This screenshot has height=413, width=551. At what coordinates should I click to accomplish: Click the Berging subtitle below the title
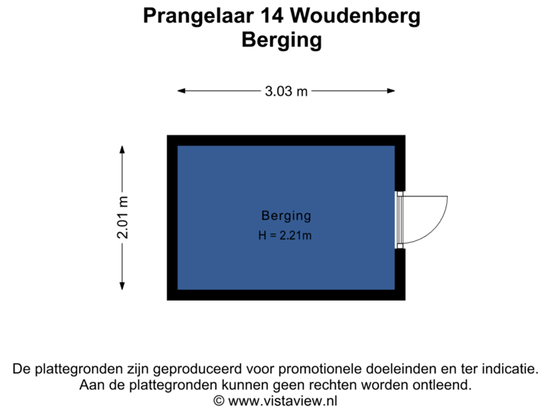pos(281,40)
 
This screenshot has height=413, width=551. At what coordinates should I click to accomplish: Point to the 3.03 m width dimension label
pos(286,91)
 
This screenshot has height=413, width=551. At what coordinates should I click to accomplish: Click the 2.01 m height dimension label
pos(122,217)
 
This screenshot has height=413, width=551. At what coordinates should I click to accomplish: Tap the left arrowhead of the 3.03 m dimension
pos(181,91)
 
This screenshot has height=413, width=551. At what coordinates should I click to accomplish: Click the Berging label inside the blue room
pos(286,216)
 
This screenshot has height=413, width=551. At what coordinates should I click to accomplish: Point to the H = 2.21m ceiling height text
pos(285,236)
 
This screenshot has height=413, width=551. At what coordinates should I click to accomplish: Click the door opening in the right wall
pos(400,220)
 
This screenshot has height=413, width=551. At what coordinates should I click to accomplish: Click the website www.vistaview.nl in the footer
pos(282,400)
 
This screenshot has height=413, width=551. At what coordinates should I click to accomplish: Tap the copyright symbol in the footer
pos(219,400)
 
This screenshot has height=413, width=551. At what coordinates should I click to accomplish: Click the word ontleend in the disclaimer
pos(442,385)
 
